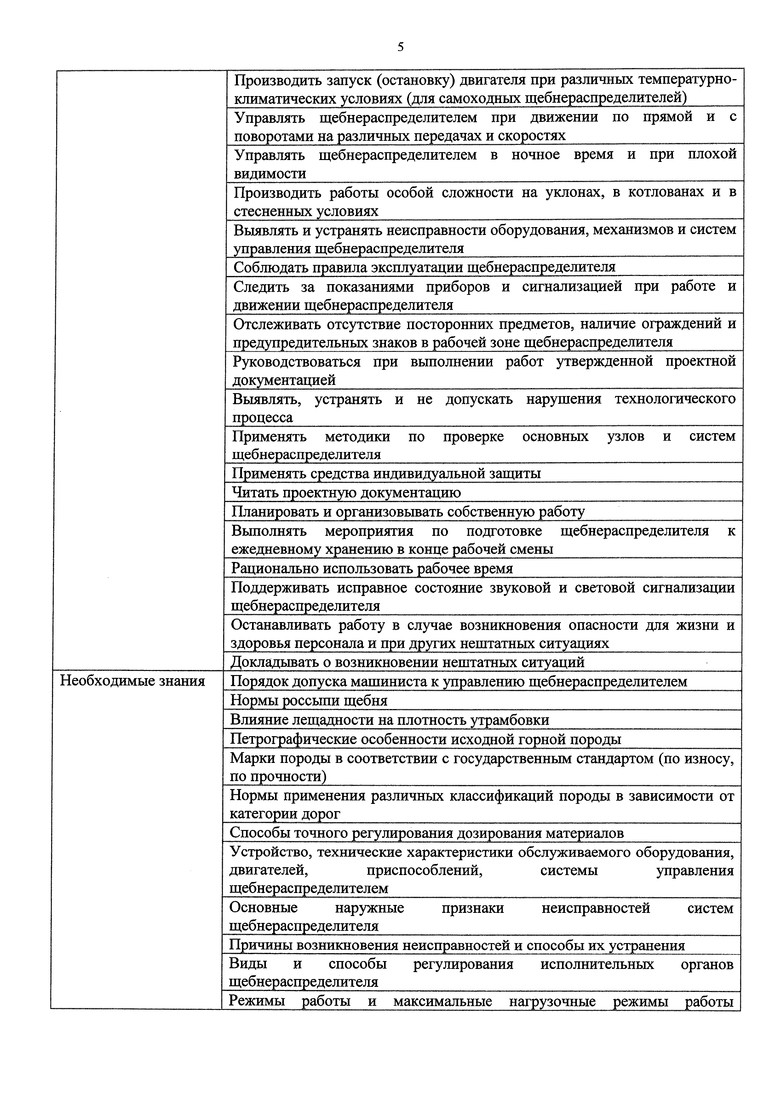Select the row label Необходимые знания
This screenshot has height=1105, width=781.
[x=132, y=681]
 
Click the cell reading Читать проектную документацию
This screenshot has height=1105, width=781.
[x=347, y=492]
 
